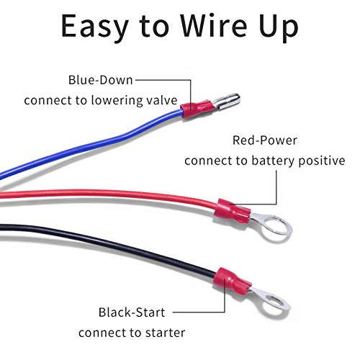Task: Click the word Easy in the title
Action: (x=94, y=27)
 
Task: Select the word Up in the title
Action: (x=279, y=28)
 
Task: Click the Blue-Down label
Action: (x=100, y=80)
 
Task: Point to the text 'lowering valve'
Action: (x=134, y=100)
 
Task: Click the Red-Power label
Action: (x=265, y=140)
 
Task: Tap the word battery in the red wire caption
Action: (x=273, y=161)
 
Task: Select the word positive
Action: (x=322, y=161)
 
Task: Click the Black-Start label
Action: (x=132, y=312)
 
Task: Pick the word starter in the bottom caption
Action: (x=166, y=333)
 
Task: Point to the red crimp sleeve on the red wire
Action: (x=232, y=212)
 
